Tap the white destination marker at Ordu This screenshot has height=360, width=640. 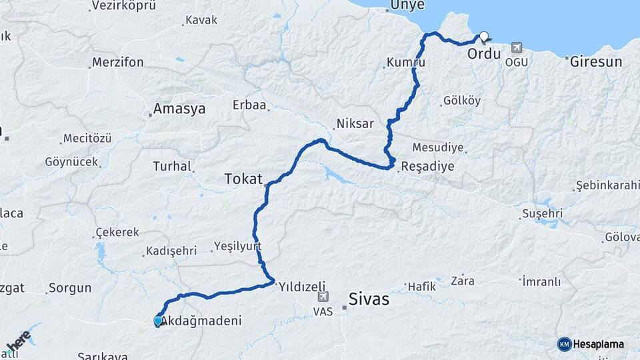(x=483, y=37)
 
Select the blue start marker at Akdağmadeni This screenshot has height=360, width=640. (x=158, y=321)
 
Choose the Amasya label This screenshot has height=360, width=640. (x=179, y=109)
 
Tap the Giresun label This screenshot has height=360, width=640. (x=595, y=62)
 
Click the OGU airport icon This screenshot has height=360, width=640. (x=516, y=48)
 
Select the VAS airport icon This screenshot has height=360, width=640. (x=323, y=297)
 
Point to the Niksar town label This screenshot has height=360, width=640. (x=355, y=123)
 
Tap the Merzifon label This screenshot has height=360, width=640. (x=118, y=63)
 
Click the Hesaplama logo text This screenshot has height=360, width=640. (x=599, y=345)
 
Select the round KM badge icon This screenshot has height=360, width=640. (x=565, y=345)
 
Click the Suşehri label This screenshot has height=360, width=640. (x=542, y=213)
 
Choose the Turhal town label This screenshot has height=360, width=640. (x=172, y=166)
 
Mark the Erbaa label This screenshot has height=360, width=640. (x=249, y=105)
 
